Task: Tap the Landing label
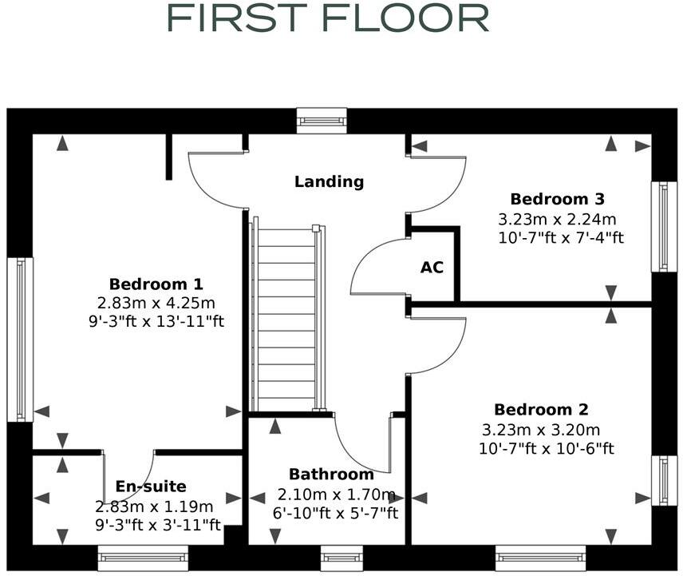point(329,182)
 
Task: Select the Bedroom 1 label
point(156,284)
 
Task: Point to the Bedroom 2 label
point(541,410)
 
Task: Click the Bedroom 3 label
point(558,199)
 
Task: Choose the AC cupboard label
point(432,268)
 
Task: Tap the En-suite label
point(151,487)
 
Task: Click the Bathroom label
point(331,475)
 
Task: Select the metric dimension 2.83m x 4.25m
point(156,303)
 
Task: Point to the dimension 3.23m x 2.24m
point(558,219)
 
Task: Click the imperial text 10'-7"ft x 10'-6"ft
point(547,448)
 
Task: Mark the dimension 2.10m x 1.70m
point(337,494)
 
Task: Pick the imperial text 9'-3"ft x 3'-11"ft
point(157,525)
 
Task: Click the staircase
point(286,320)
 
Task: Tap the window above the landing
point(322,121)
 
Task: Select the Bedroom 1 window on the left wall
point(20,339)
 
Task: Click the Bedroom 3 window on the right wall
point(664,227)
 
